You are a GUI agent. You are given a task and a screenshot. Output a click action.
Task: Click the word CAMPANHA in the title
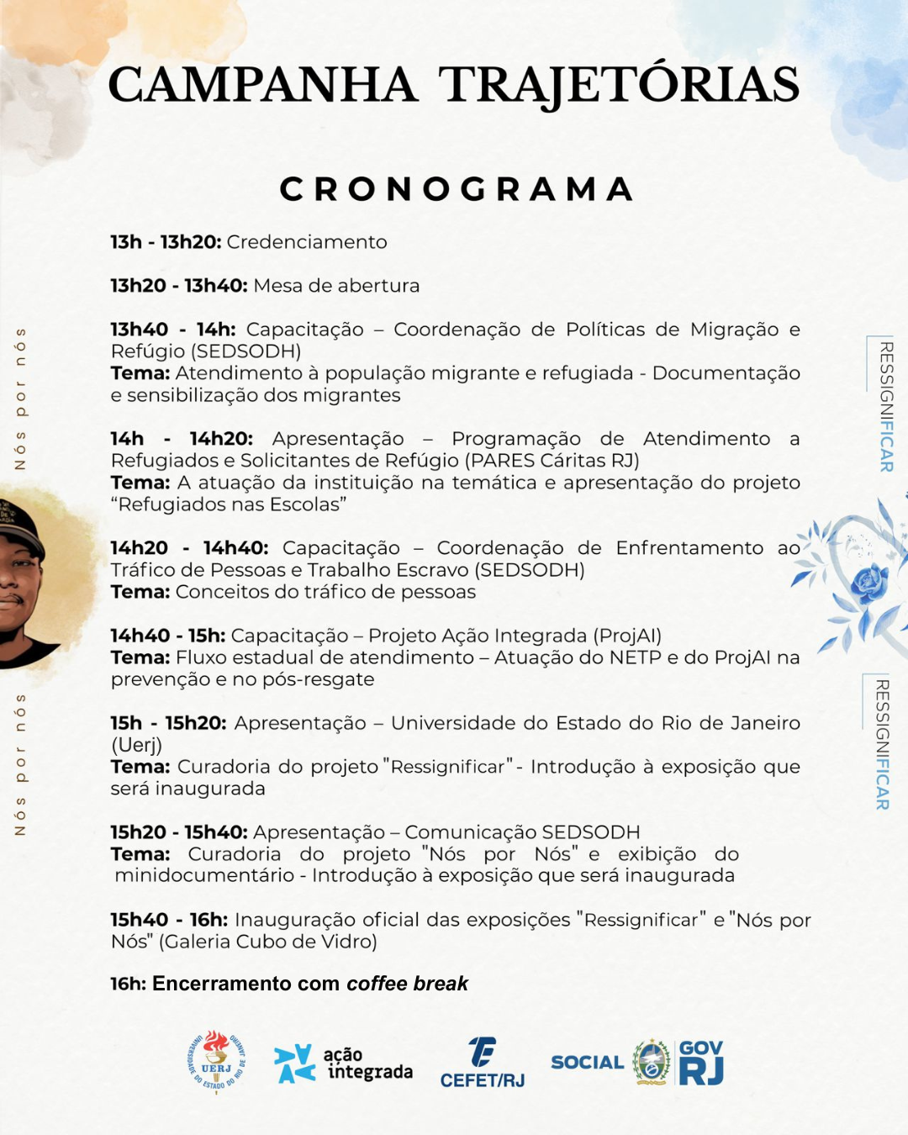tap(262, 85)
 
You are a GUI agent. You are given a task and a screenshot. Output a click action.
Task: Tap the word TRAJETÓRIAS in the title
tap(619, 85)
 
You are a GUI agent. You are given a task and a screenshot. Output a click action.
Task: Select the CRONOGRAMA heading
tap(457, 189)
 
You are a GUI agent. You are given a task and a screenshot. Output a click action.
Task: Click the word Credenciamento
tap(307, 242)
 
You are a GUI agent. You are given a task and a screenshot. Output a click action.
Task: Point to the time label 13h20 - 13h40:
tap(179, 286)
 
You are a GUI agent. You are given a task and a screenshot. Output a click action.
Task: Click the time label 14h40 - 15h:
tap(168, 636)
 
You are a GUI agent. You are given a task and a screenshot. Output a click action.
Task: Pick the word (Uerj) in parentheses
tap(136, 745)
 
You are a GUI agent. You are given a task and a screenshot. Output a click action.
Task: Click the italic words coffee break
tap(407, 984)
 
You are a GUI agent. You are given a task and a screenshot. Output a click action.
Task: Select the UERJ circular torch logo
tap(216, 1062)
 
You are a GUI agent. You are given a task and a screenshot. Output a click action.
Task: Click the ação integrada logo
tap(343, 1064)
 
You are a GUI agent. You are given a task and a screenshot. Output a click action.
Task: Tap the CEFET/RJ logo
tap(482, 1064)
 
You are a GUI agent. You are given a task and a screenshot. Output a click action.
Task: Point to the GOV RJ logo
tap(701, 1062)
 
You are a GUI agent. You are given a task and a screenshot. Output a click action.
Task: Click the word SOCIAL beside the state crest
tap(587, 1063)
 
